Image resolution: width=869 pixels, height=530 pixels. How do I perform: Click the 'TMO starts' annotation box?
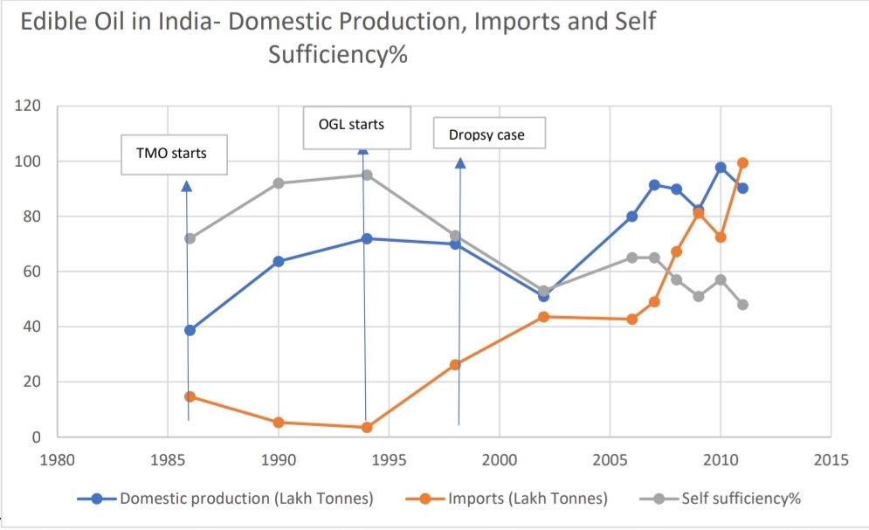point(172,154)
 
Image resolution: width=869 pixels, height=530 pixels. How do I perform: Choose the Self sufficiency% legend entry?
point(730,499)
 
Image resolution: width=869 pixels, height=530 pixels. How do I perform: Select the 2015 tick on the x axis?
point(830,460)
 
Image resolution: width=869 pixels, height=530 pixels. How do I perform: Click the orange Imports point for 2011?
point(743,162)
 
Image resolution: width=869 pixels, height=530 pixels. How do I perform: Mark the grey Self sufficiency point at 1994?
point(367,175)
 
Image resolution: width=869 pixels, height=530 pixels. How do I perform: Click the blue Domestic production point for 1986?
point(190,330)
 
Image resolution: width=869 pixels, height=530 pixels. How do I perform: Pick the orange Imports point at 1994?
point(367,427)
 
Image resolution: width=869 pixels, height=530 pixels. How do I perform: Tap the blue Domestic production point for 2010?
point(721,167)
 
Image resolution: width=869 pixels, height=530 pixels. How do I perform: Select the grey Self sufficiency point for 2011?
point(743,305)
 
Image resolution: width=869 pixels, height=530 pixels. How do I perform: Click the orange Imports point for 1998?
point(455,364)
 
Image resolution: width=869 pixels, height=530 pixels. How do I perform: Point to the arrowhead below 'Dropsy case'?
point(460,162)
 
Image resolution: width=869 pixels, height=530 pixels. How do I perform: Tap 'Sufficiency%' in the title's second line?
point(340,55)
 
